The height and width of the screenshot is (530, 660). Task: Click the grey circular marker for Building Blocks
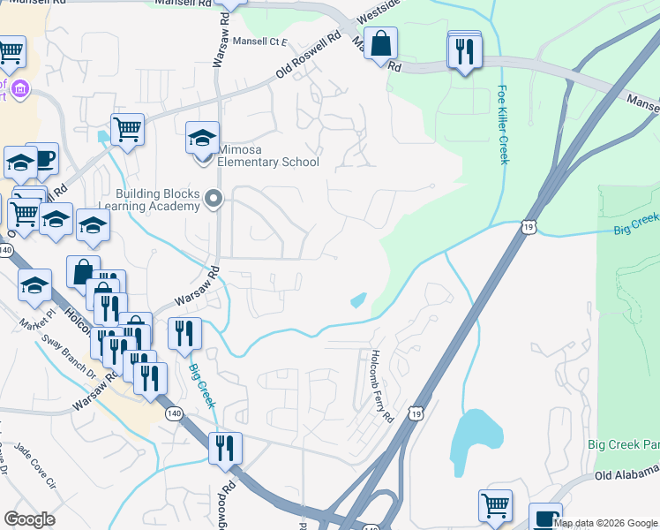point(213,200)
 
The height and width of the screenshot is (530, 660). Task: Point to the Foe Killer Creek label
point(503,125)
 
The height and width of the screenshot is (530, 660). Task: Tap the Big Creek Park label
point(623,443)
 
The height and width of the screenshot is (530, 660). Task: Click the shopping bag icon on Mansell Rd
point(380,45)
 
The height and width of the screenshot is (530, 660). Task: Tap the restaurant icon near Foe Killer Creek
point(464,52)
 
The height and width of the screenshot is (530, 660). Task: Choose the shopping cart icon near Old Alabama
point(495,506)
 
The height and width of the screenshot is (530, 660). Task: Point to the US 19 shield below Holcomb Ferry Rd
point(416,413)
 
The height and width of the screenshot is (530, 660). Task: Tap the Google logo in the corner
point(29,519)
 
